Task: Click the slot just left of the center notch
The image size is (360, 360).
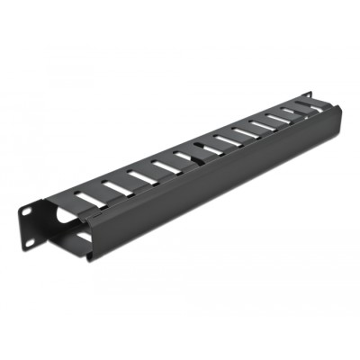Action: pos(184,155)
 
